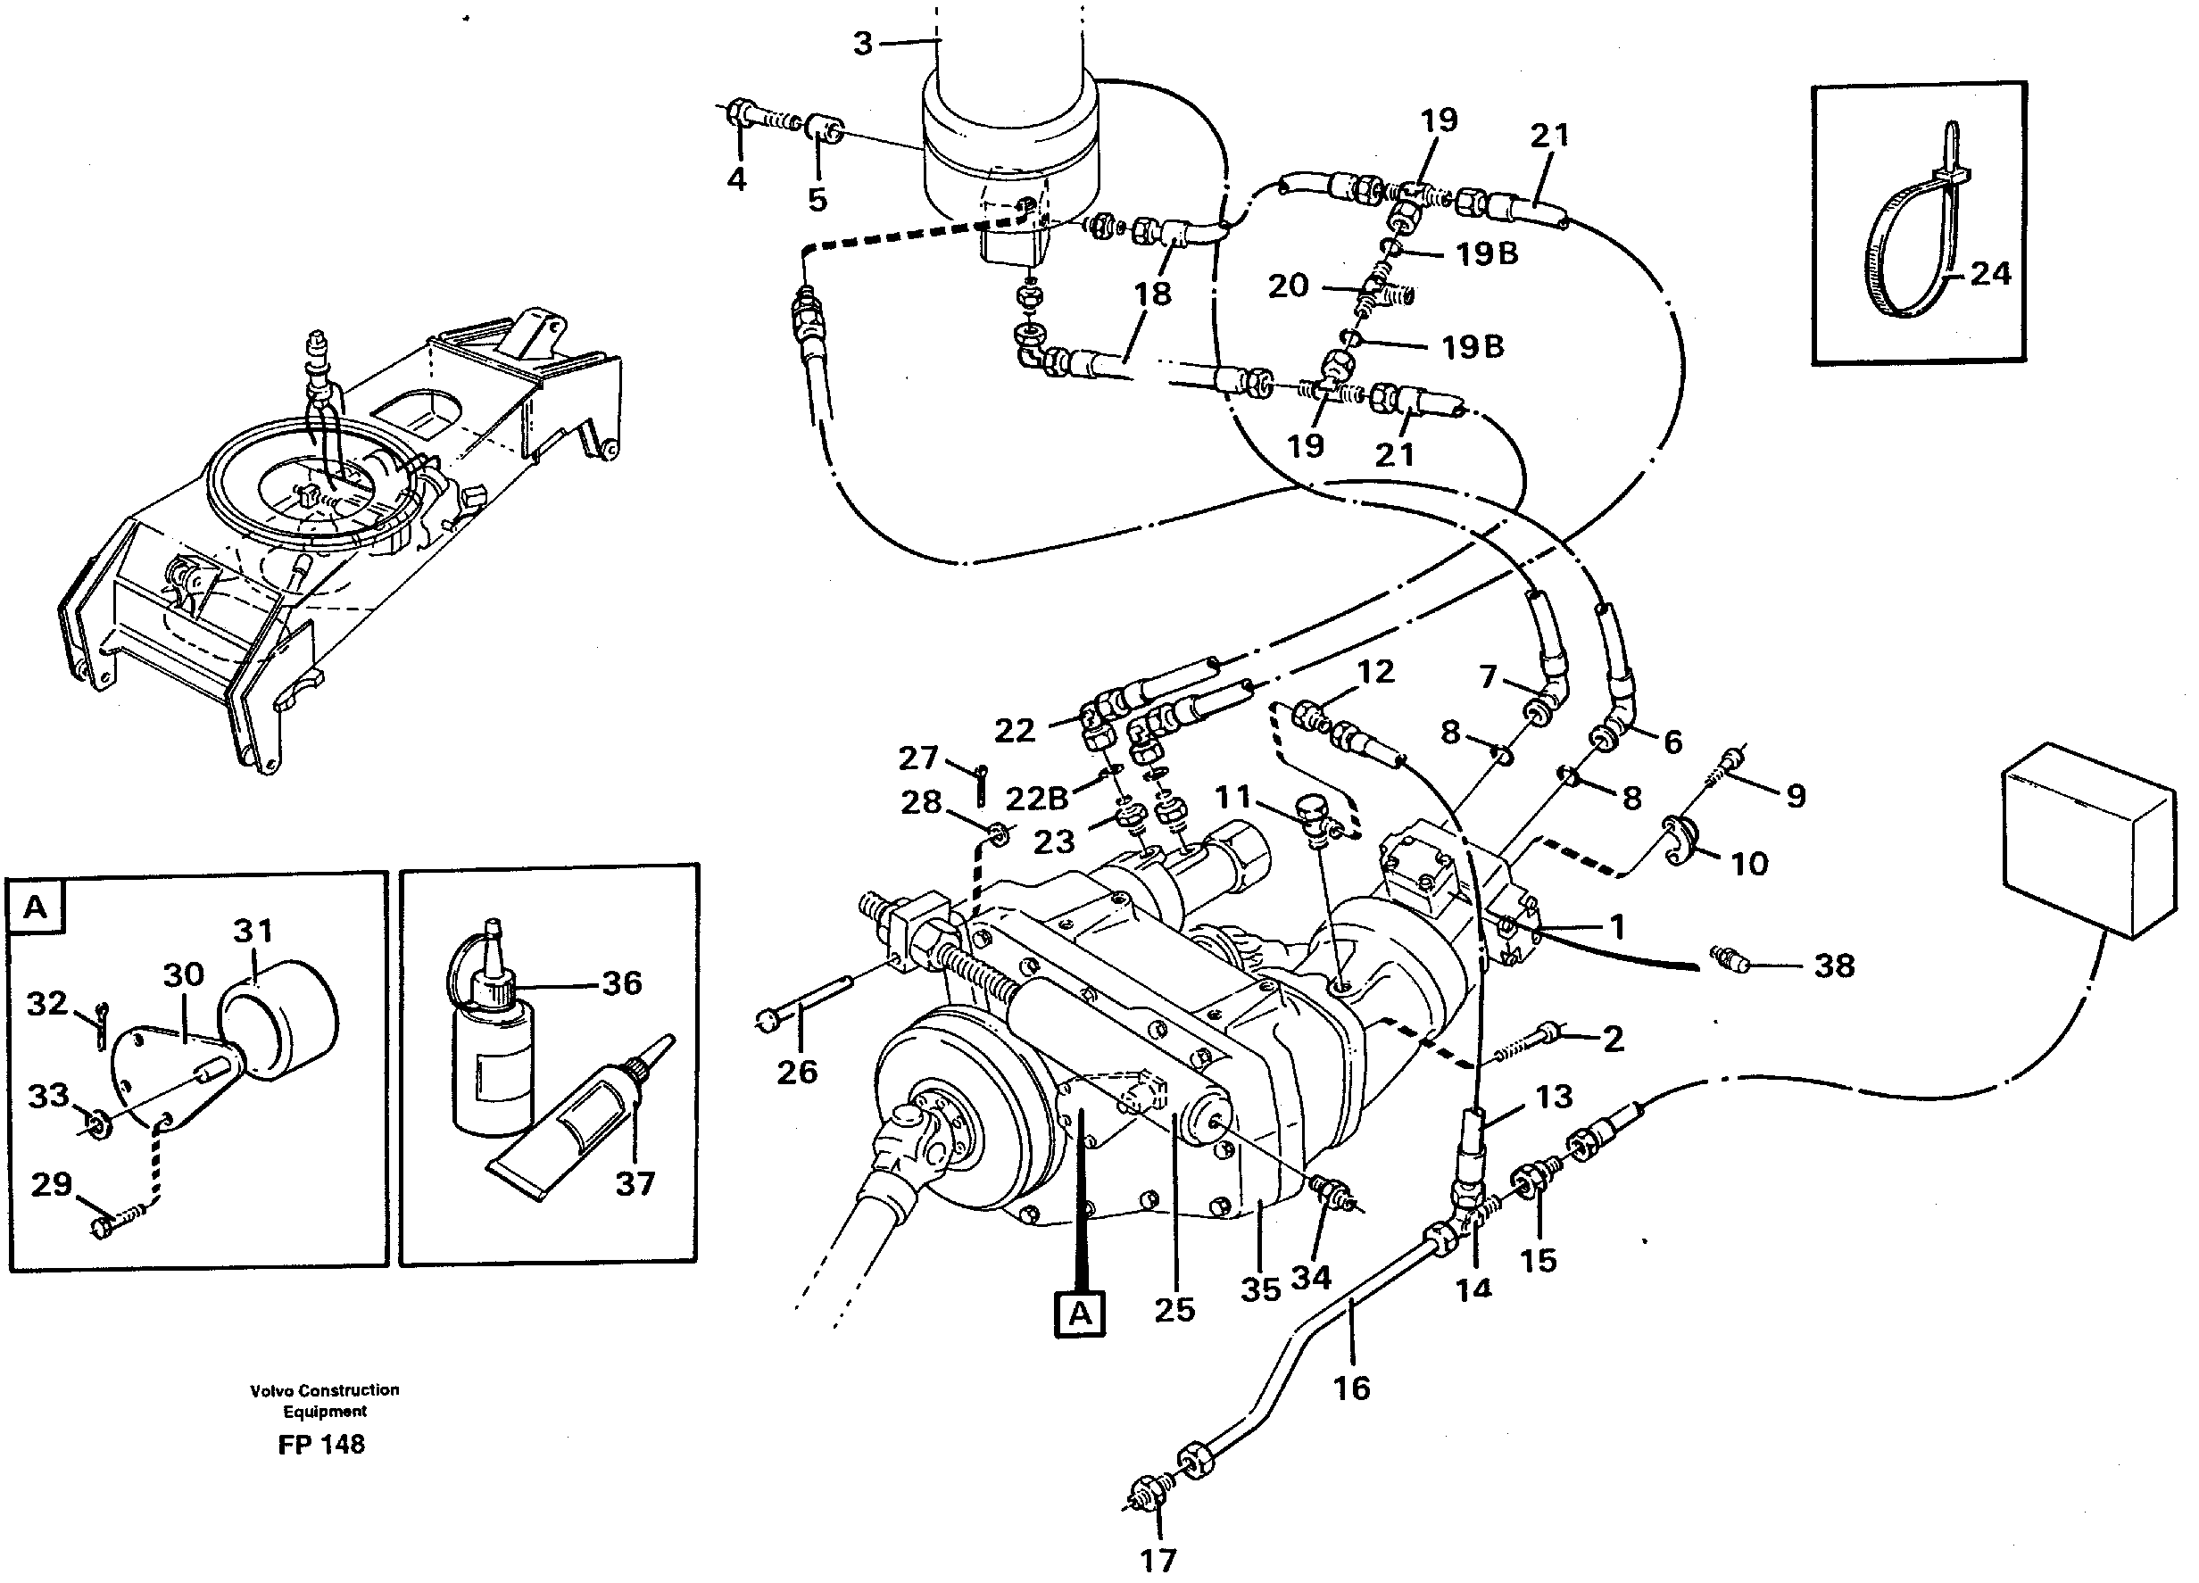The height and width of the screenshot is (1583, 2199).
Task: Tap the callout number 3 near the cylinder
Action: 863,44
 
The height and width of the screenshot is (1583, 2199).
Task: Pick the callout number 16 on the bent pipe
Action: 1351,1388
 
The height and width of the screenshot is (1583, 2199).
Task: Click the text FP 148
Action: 321,1445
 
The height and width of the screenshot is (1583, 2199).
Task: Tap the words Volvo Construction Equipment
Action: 324,1400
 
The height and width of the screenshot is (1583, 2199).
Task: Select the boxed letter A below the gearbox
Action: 1080,1314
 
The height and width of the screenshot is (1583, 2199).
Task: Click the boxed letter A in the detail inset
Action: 35,908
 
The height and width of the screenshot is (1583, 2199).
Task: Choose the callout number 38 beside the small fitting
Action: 1833,966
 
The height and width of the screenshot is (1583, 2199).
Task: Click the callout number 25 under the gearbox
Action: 1174,1310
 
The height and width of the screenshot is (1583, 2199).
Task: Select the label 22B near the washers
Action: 1036,798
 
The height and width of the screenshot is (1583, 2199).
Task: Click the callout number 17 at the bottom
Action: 1158,1561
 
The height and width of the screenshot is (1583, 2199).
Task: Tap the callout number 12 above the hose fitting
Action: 1375,671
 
